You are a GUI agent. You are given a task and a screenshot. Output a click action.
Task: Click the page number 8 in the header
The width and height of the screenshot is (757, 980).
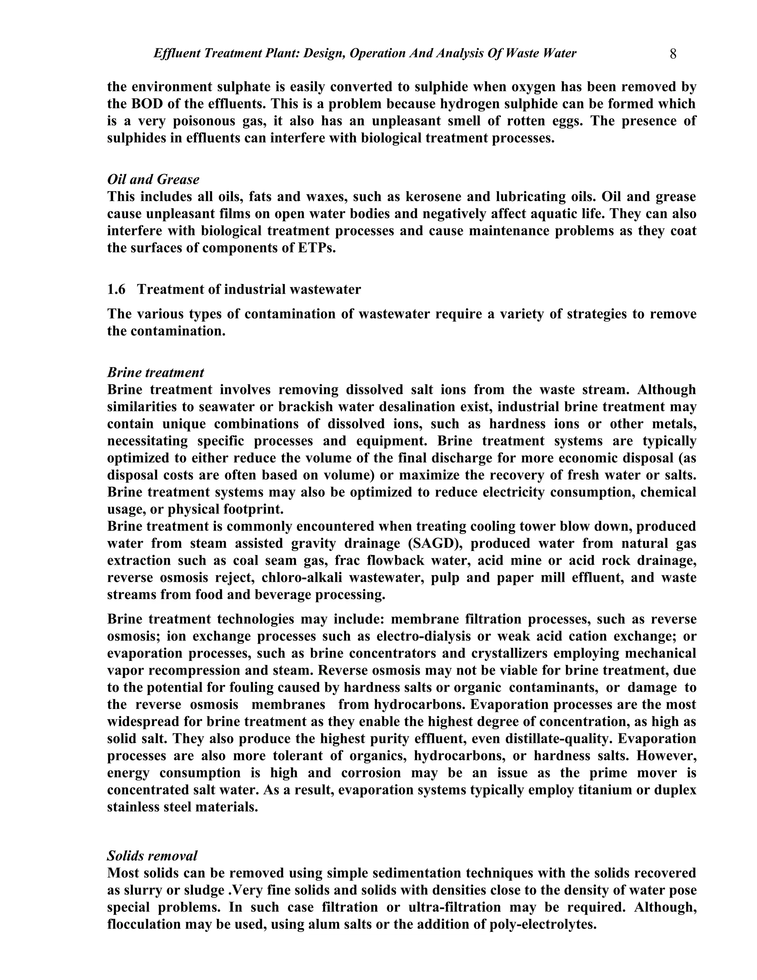click(x=673, y=54)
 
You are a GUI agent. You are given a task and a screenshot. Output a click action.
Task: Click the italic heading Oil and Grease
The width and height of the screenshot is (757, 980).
click(x=153, y=179)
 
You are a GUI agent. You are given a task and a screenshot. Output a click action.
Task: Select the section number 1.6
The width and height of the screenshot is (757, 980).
click(x=116, y=290)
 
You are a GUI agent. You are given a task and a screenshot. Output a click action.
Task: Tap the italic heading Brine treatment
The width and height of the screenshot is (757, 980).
click(x=155, y=372)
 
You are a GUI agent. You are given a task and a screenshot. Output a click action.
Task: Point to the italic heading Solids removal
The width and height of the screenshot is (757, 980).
click(x=152, y=856)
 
